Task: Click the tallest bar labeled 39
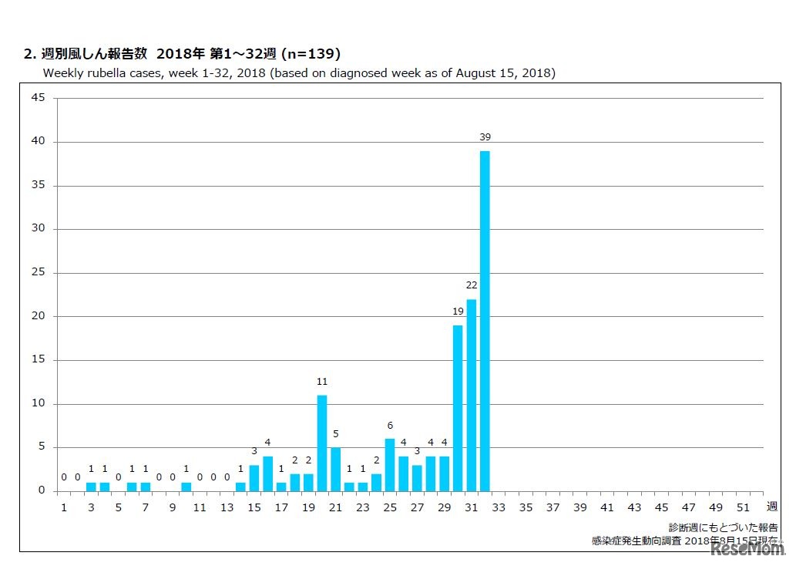485,321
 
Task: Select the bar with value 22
471,395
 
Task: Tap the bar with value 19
458,408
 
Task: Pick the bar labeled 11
322,443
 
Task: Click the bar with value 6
390,465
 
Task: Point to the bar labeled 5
336,469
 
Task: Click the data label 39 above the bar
485,137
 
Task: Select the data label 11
322,382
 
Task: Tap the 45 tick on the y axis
38,98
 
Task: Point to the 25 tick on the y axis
38,273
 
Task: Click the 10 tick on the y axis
38,404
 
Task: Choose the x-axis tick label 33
499,507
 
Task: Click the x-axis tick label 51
743,507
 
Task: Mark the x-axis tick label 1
64,507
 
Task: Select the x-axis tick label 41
607,507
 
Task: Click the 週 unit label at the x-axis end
771,507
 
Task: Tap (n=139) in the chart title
311,54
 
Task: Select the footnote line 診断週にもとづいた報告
723,527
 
